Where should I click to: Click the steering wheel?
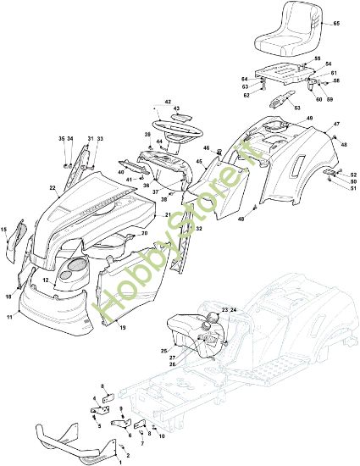click(179, 131)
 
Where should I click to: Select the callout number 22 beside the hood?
click(53, 188)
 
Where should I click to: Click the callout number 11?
click(9, 315)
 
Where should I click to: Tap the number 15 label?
click(4, 229)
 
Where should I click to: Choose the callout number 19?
click(122, 326)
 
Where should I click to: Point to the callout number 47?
click(336, 125)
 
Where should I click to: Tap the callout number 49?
click(310, 117)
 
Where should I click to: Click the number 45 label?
click(200, 162)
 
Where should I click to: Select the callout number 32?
click(199, 229)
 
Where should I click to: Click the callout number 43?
click(177, 108)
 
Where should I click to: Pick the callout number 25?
click(163, 350)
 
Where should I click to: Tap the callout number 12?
click(46, 279)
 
